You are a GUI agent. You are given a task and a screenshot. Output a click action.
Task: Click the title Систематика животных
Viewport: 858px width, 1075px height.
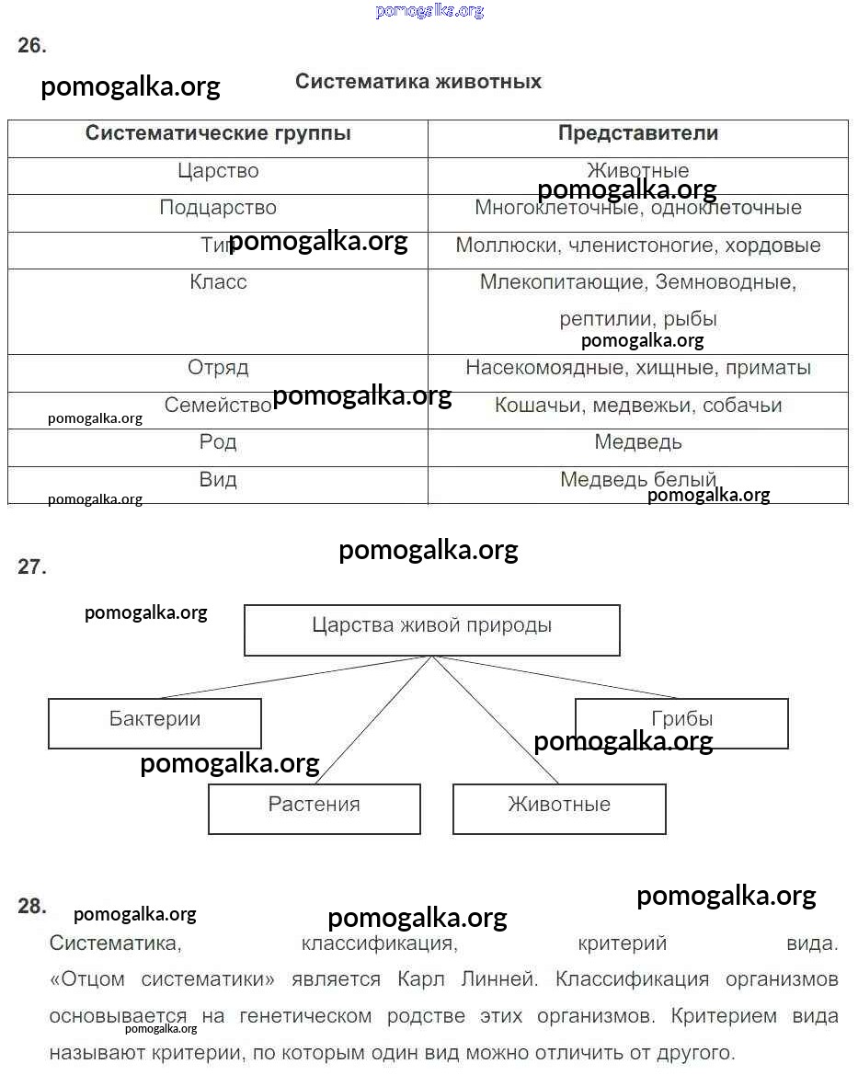(x=418, y=82)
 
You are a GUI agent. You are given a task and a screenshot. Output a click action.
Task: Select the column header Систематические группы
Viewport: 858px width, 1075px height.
(x=218, y=133)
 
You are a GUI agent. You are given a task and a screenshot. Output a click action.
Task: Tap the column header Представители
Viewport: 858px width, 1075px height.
(x=638, y=133)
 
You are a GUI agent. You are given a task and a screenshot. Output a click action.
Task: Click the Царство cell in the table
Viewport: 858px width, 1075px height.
(x=218, y=171)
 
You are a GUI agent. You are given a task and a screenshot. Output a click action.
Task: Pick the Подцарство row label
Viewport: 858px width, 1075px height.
(x=218, y=208)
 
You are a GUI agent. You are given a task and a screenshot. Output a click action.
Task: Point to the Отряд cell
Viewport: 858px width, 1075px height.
(x=218, y=368)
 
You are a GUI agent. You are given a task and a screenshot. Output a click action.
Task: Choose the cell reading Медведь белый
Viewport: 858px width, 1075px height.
(x=638, y=480)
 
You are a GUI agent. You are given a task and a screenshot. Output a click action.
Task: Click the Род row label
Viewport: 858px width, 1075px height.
(x=218, y=442)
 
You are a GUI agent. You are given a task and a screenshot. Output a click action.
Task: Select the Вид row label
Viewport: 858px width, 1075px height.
(x=218, y=480)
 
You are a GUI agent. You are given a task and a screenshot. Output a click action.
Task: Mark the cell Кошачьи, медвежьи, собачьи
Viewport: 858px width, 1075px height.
(x=638, y=406)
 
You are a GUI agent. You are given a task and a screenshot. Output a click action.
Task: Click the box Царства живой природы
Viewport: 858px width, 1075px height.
(x=432, y=629)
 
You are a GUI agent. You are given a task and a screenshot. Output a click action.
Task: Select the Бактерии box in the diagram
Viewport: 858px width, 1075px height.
(x=154, y=722)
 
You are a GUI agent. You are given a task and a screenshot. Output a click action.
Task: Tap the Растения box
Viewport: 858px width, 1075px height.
(x=315, y=807)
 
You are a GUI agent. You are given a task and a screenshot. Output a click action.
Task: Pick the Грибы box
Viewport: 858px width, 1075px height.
(x=681, y=722)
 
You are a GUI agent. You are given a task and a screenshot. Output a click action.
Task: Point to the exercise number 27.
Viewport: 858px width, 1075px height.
(x=32, y=567)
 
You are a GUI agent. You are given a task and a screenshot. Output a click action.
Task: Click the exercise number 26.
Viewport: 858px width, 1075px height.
(x=32, y=46)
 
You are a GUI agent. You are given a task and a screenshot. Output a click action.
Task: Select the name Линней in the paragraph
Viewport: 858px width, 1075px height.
(x=507, y=979)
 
